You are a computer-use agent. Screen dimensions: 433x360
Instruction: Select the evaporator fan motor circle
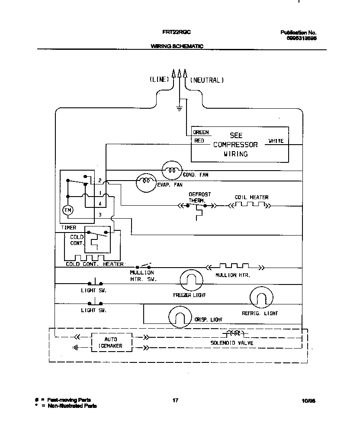click(145, 183)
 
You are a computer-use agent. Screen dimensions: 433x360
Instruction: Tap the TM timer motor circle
click(68, 210)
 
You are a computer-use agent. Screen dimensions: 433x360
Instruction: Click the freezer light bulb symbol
click(191, 280)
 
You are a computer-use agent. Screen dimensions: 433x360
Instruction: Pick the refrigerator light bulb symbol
click(262, 298)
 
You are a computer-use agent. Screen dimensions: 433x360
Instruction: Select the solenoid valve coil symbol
click(233, 333)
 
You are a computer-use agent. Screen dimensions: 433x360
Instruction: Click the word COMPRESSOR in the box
click(235, 145)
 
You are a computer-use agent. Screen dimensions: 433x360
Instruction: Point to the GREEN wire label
click(201, 132)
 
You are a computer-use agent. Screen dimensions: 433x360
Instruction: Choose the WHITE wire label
click(276, 141)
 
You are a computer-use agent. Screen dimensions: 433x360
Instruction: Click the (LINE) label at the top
click(158, 80)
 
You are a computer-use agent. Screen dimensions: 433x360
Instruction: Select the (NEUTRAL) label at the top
click(207, 80)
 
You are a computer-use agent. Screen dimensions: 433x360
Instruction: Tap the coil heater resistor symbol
click(247, 204)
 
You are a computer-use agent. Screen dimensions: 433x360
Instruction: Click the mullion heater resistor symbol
click(234, 266)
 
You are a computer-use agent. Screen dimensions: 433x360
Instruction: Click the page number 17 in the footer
click(175, 401)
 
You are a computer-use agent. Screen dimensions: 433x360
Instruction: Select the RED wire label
click(199, 141)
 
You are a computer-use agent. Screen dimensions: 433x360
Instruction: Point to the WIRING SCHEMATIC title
click(177, 46)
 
